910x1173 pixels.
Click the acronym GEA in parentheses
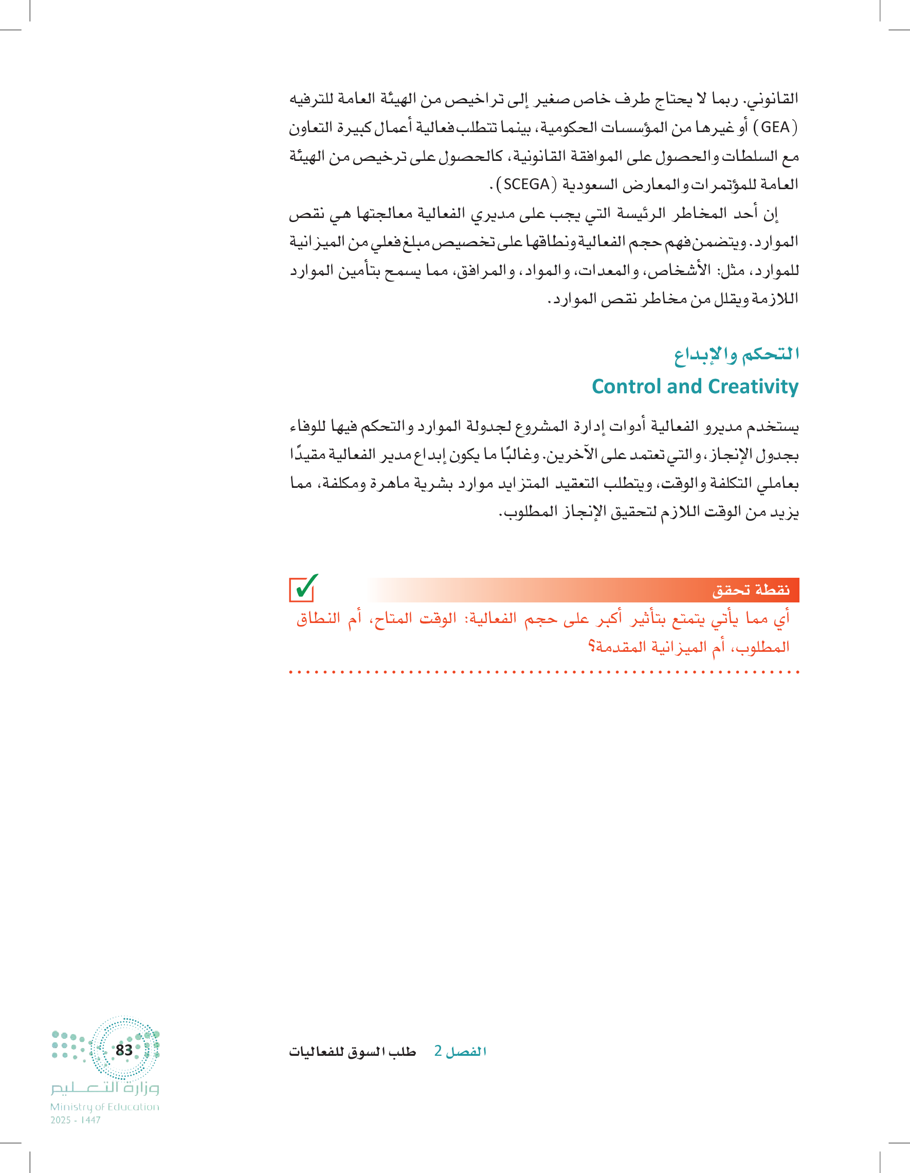point(775,128)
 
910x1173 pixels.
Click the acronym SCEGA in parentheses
point(526,185)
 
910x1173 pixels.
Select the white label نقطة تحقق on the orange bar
point(751,590)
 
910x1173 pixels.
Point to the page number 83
point(124,1050)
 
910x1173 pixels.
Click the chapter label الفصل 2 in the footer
point(460,1051)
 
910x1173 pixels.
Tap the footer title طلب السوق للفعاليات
point(352,1052)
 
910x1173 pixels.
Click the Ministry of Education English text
point(105,1107)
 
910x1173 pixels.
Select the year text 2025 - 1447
point(76,1121)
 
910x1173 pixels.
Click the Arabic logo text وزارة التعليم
point(105,1089)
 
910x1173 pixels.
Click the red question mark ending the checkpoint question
point(591,646)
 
